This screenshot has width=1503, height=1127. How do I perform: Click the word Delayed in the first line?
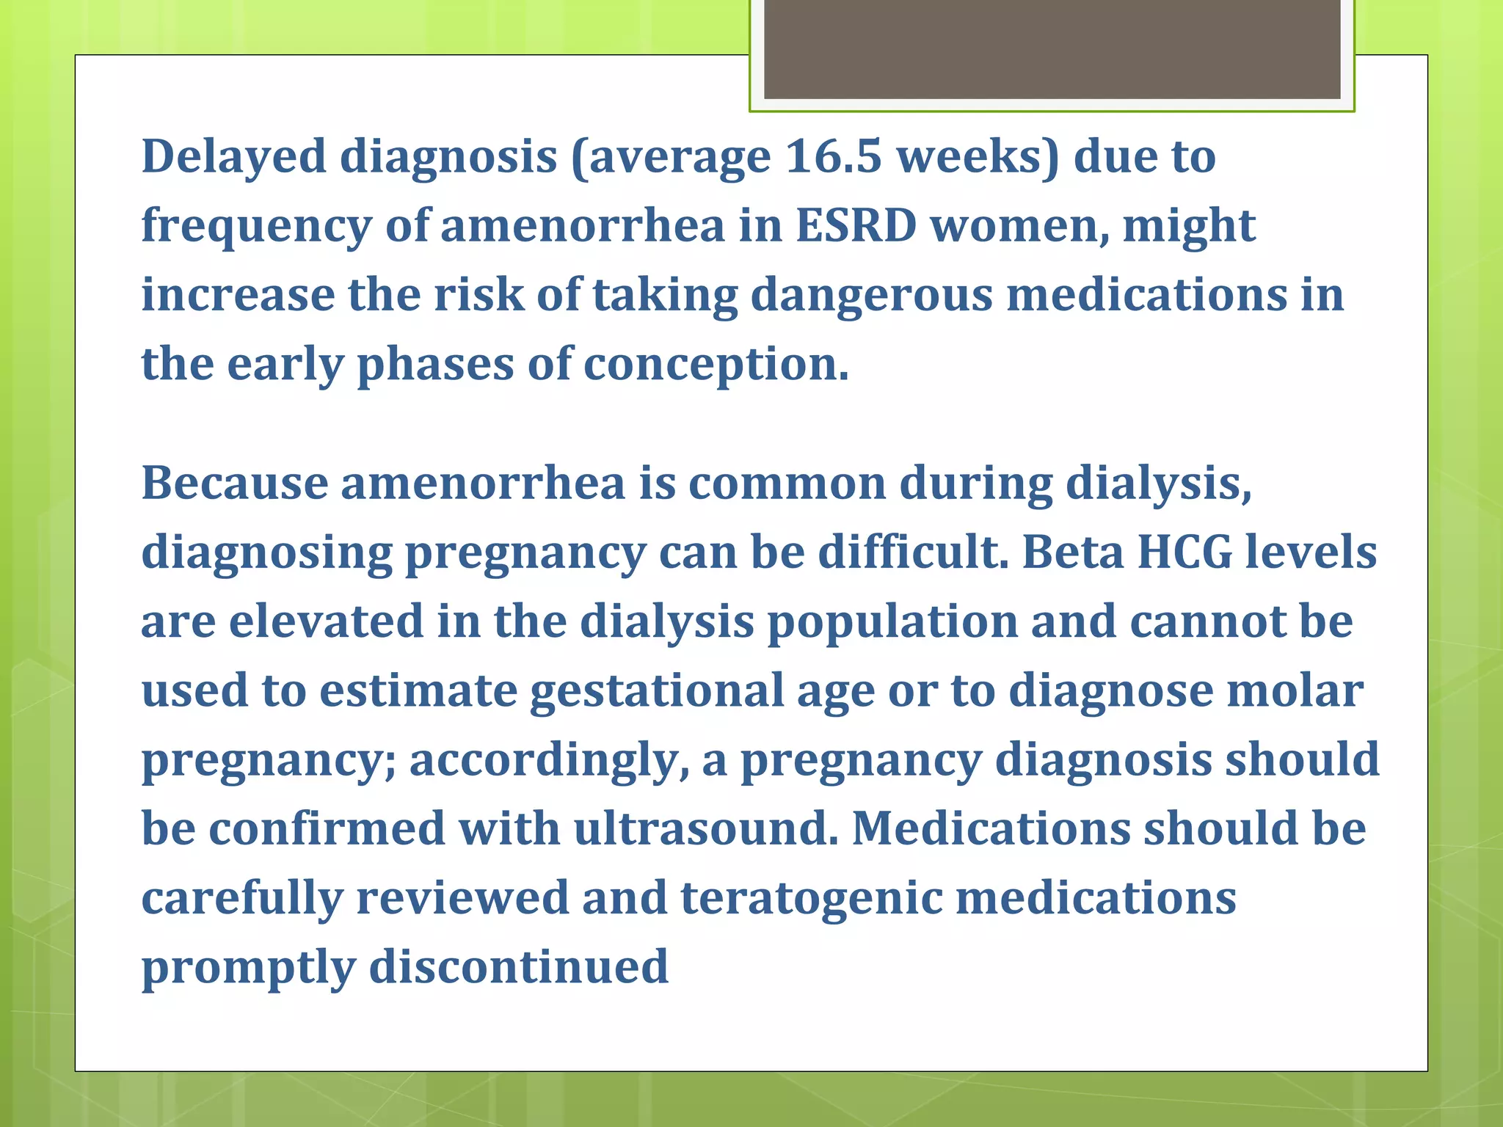(233, 157)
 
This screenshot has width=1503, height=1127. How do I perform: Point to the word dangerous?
(871, 295)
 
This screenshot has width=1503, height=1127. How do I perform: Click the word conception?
(716, 364)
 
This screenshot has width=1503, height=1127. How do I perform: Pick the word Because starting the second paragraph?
(235, 484)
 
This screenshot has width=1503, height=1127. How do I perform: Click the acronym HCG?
(1184, 552)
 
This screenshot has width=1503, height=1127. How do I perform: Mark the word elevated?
(327, 621)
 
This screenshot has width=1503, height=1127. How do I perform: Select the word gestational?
(657, 691)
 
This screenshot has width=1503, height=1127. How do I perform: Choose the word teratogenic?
(812, 898)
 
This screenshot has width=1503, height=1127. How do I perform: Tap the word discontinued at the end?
(519, 966)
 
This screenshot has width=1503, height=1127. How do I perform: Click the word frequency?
(257, 227)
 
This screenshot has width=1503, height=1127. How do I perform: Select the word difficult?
(913, 552)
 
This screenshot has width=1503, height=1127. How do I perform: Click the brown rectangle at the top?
(1052, 48)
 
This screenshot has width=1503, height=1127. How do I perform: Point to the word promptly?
(248, 968)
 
